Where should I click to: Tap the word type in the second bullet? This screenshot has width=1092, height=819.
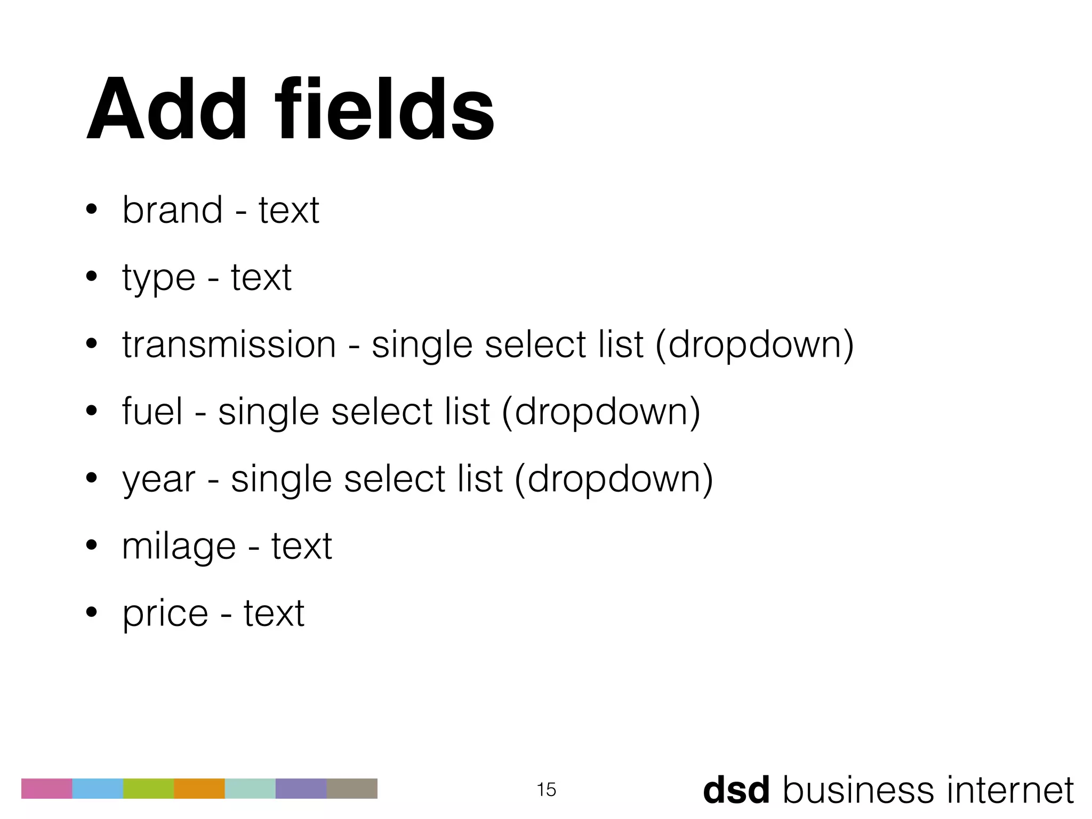coord(158,278)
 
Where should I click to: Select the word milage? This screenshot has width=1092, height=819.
coord(179,547)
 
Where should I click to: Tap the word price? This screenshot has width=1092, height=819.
coord(165,614)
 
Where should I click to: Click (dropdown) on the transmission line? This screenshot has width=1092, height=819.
coord(754,345)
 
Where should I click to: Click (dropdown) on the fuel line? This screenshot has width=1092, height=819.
coord(601,412)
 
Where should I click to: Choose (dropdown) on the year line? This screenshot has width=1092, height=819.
coord(614,479)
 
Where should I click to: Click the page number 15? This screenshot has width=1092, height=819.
coord(546,789)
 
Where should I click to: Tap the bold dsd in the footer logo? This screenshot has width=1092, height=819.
coord(736,790)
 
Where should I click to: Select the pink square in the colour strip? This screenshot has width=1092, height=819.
coord(46,788)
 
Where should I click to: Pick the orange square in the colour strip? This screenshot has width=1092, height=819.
coord(199,788)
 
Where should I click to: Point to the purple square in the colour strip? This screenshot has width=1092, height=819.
coord(301,788)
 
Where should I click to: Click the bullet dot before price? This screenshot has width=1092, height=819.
coord(91,613)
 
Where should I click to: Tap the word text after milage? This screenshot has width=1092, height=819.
coord(301,547)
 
